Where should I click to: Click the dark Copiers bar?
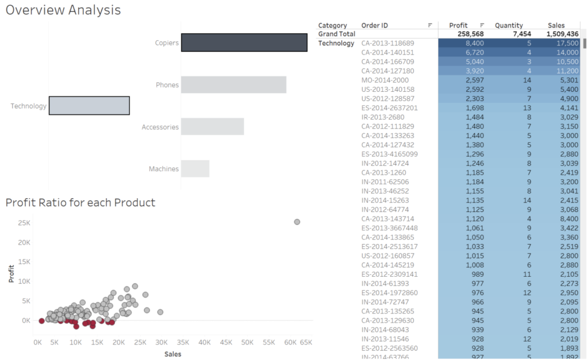coord(244,43)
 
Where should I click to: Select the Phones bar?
coord(234,85)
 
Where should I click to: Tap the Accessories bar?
coord(212,127)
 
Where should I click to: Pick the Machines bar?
coord(195,169)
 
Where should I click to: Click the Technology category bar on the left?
coord(89,106)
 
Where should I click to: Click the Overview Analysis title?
coord(63,10)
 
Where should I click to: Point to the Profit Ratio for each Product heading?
coord(80,203)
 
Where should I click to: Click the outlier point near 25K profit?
coord(297,222)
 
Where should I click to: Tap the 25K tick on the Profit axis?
coord(23,222)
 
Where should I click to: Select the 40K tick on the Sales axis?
coord(205,343)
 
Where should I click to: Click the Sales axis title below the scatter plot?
coord(173,354)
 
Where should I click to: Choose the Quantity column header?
coord(509,25)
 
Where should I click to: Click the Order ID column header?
coord(374,25)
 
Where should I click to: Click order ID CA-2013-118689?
coord(388,44)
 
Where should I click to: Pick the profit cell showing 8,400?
coord(474,44)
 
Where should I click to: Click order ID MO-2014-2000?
coord(385,80)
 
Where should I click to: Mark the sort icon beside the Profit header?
coord(482,25)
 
